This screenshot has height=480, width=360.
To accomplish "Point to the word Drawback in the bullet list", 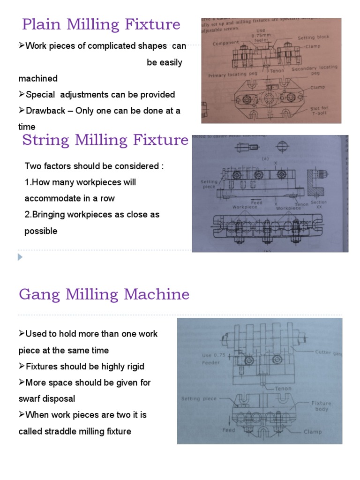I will coord(48,111).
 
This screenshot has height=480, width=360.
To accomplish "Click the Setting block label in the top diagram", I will coord(313,37).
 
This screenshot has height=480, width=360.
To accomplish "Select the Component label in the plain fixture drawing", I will coord(226,43).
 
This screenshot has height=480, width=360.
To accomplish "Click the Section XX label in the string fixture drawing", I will coord(319,204).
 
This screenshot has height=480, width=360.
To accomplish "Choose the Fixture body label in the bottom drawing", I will coord(321,406).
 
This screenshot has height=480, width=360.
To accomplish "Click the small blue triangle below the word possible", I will coord(20,257).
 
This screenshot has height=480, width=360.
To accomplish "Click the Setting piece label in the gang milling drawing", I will coord(199,399).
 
